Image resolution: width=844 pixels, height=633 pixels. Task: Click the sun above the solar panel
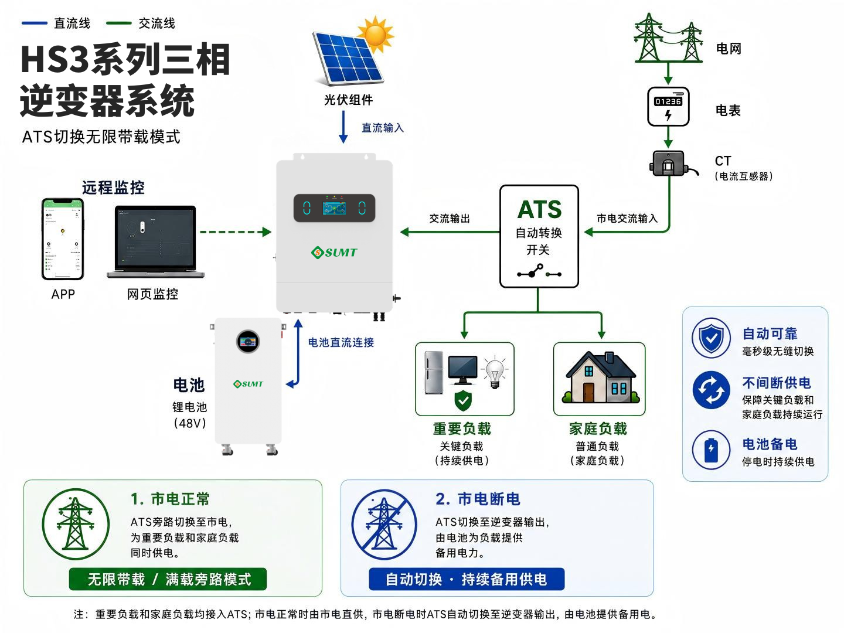tap(376, 35)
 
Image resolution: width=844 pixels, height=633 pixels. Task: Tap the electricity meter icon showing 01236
tap(668, 107)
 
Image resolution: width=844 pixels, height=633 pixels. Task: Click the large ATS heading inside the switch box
tap(539, 209)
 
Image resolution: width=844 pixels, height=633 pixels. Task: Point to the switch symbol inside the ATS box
tap(539, 271)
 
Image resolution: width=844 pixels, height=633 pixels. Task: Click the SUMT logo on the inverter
tap(333, 252)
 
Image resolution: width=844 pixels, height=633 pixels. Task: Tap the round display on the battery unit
tap(248, 341)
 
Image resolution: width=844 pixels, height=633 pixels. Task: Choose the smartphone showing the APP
tap(63, 239)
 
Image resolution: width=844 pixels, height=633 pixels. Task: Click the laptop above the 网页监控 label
tap(155, 241)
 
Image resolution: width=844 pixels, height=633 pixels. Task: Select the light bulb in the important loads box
tap(495, 372)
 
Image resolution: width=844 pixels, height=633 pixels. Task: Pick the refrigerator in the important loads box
tap(433, 372)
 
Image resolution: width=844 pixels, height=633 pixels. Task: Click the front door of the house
tap(588, 392)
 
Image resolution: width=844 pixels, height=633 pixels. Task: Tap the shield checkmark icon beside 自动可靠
tap(711, 338)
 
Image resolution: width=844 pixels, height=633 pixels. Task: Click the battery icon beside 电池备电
tap(711, 450)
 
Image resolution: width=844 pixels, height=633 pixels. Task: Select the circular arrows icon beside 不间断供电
tap(711, 390)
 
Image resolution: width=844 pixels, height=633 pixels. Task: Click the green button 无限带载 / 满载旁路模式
tap(168, 579)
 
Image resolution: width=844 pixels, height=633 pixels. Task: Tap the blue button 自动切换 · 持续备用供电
tap(467, 579)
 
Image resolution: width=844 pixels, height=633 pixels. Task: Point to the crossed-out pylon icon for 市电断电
tap(384, 524)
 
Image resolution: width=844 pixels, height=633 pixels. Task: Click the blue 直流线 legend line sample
tap(34, 23)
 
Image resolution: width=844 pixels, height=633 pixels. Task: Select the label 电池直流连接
tap(341, 342)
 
